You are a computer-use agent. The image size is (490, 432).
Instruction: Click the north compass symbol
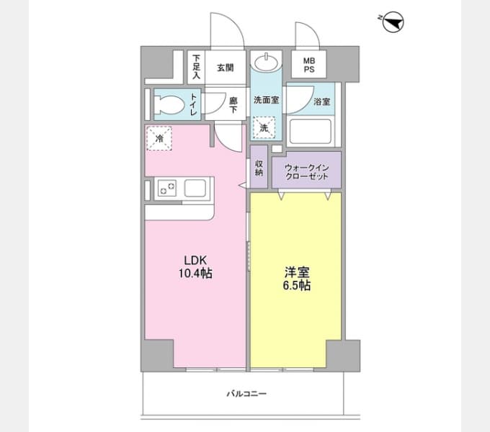(x=393, y=22)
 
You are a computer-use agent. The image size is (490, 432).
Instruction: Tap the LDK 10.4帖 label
(x=195, y=267)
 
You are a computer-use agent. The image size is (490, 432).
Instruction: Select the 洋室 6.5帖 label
(x=297, y=279)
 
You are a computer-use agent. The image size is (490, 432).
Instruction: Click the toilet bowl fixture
(x=169, y=104)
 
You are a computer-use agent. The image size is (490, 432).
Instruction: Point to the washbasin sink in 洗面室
(x=266, y=62)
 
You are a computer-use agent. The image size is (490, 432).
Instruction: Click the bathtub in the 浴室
(x=310, y=132)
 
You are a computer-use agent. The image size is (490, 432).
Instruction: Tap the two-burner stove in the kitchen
(x=166, y=188)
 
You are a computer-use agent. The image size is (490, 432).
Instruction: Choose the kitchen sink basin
(x=195, y=188)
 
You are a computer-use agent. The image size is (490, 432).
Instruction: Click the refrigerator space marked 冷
(x=159, y=138)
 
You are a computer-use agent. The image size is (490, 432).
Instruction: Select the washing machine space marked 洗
(x=264, y=127)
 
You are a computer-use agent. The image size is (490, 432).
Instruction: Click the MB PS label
(x=309, y=65)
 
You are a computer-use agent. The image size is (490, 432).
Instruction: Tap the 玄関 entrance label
(x=226, y=68)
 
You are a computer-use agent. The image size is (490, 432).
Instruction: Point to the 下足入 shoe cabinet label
(x=196, y=67)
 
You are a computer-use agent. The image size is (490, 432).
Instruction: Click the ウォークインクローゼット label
(x=306, y=172)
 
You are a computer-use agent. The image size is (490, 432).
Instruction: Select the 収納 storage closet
(x=259, y=167)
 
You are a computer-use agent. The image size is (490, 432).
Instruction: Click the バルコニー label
(x=246, y=393)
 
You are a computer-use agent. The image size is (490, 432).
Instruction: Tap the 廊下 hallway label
(x=233, y=105)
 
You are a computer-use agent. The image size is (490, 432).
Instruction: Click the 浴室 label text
(x=322, y=102)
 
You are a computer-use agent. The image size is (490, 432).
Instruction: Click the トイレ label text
(x=194, y=104)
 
